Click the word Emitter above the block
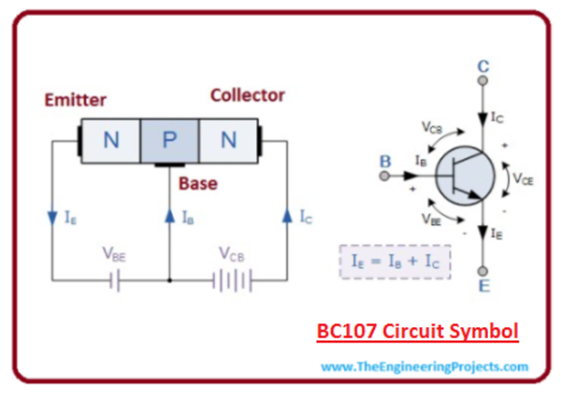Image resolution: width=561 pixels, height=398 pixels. tap(75, 100)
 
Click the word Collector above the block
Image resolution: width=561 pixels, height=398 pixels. tap(247, 95)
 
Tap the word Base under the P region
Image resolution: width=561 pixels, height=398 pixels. tap(198, 183)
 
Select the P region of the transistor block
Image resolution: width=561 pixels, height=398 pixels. tap(169, 141)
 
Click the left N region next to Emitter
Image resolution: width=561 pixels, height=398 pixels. tap(111, 141)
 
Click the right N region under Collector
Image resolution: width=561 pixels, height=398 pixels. tap(227, 141)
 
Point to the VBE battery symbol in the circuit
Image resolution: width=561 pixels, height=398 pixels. tap(112, 279)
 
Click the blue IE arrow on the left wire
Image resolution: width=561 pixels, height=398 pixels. tap(51, 218)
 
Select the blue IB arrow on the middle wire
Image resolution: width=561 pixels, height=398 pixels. tap(169, 217)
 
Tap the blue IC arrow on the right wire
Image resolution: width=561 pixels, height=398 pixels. tap(287, 217)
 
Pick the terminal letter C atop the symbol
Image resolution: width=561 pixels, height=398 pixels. tap(482, 66)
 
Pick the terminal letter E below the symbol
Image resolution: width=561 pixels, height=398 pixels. tap(483, 285)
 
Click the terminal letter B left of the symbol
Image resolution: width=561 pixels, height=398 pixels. tap(384, 162)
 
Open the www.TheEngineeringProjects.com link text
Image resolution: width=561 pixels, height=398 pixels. tap(424, 367)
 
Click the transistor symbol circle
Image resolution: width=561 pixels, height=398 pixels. tap(468, 177)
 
